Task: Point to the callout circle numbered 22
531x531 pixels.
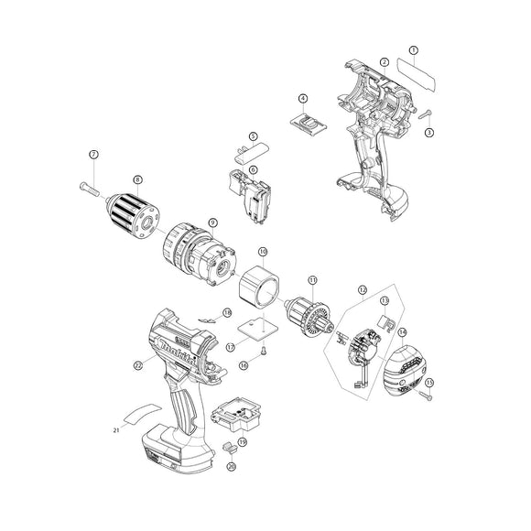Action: point(138,364)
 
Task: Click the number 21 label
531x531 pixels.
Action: point(116,429)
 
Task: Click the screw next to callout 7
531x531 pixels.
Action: point(89,189)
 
